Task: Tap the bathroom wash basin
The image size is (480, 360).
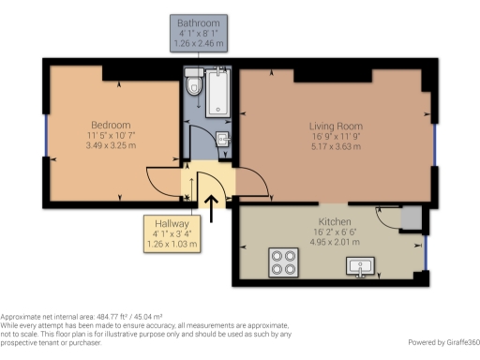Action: click(x=221, y=141)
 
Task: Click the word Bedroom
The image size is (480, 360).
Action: click(x=111, y=126)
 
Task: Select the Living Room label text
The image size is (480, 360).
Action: click(x=336, y=126)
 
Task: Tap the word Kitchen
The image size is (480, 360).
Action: click(x=333, y=223)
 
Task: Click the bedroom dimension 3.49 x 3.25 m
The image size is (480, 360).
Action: click(x=111, y=146)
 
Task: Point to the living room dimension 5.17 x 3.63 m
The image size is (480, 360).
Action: click(x=336, y=146)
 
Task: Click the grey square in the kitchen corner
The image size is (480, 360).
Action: click(x=410, y=217)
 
